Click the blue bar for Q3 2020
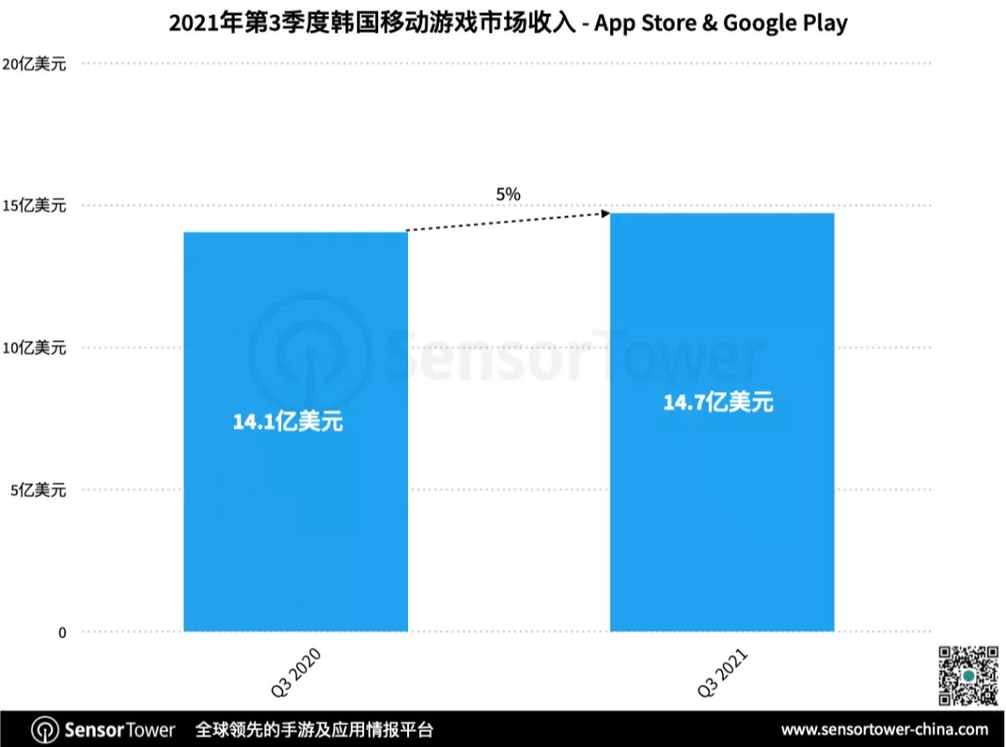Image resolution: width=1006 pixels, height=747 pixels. (x=295, y=522)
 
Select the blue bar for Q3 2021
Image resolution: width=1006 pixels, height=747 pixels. (x=722, y=522)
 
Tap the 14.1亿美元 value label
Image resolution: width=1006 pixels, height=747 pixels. (x=288, y=421)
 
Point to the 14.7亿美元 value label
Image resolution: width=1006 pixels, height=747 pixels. (x=718, y=402)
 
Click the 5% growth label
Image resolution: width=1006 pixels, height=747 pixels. (x=508, y=194)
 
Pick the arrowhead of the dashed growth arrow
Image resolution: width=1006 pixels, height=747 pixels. (x=605, y=213)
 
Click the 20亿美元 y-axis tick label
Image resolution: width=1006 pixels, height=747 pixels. (x=34, y=63)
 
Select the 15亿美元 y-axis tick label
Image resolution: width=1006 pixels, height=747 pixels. (x=34, y=206)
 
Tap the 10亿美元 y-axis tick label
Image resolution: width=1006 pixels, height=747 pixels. (x=34, y=347)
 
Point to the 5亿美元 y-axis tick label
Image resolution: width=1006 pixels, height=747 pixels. (x=38, y=490)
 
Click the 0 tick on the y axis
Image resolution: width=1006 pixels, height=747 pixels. (x=62, y=632)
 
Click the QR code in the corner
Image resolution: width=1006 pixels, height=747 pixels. (x=968, y=674)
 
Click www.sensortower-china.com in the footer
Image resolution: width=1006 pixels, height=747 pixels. (x=884, y=729)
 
